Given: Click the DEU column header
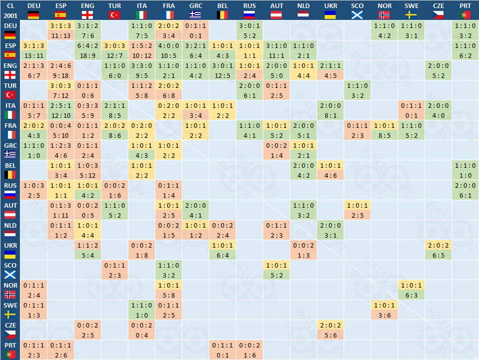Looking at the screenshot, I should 33,6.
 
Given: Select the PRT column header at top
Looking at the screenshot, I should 465,6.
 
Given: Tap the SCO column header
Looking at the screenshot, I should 357,6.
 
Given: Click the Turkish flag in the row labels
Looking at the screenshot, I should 10,95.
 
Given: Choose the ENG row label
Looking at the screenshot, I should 10,65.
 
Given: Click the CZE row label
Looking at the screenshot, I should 10,325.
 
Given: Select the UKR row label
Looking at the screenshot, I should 10,245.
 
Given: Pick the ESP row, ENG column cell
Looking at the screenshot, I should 87,50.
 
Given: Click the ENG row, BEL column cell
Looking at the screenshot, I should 222,70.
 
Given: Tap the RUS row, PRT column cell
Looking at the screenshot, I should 465,190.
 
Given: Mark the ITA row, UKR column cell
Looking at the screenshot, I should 330,110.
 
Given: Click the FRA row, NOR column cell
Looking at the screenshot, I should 384,130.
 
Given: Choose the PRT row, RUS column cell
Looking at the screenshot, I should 249,350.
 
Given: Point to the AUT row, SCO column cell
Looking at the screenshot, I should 357,210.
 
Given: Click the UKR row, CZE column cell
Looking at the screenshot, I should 438,250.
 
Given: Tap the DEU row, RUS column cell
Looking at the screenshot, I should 249,30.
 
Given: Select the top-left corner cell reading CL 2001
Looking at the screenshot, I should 10,10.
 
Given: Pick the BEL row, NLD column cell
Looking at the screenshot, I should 303,170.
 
